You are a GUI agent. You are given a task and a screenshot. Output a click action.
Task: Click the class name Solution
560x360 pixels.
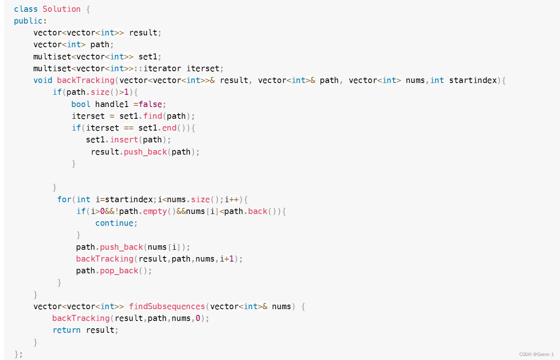coord(61,9)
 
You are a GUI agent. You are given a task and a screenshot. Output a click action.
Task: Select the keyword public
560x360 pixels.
coord(28,21)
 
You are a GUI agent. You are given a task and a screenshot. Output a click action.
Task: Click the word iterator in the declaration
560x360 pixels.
coord(162,68)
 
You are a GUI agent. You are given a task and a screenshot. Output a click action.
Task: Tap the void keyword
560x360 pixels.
coord(43,80)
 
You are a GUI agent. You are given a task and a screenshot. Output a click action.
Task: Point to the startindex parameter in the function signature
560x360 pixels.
coord(473,80)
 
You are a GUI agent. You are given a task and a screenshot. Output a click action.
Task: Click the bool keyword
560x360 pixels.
coord(81,104)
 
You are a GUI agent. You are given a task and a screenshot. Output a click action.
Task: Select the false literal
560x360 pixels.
coord(151,104)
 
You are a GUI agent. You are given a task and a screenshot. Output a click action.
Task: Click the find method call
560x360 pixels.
coord(153,116)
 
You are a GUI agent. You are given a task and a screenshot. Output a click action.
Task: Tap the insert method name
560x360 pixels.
coord(124,140)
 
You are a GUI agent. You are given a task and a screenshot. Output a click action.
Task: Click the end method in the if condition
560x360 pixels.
coord(169,128)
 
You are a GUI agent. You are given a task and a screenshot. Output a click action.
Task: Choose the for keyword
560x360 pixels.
coord(64,199)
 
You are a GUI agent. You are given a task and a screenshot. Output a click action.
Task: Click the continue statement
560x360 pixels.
coord(114,223)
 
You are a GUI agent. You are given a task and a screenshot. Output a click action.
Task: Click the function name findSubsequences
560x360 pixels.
coord(167,306)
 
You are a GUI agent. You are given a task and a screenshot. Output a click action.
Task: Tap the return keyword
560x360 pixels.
coord(66,330)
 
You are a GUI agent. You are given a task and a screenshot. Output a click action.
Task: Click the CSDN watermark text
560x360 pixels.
coord(536,354)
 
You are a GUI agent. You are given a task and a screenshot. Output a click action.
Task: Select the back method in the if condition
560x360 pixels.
coord(258,211)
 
